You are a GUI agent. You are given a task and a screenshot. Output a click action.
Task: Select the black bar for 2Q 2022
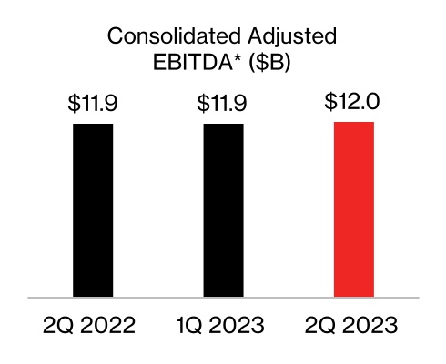coord(93,209)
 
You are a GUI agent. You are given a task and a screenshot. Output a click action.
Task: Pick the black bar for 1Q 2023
coord(223,209)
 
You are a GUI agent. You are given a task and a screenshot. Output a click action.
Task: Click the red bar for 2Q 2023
coord(354,209)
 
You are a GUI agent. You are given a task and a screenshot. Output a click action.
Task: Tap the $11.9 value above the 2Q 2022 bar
coord(93,103)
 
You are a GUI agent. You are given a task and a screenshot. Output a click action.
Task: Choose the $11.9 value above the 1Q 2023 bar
coord(223,103)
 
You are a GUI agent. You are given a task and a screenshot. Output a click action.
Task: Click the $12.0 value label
coord(354,101)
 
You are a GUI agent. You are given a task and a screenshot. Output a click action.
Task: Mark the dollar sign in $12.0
coord(330,101)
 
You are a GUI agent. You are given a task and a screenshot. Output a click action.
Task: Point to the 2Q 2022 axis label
coord(93,325)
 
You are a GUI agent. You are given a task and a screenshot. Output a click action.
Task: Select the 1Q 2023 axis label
coord(223,325)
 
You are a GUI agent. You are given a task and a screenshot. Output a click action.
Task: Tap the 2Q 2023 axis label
coord(354,325)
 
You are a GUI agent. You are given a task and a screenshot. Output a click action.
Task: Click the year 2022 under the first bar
coord(111,325)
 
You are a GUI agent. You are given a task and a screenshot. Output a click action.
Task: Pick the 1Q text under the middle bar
coord(188,325)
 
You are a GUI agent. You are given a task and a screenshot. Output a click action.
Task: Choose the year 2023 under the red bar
coord(372,325)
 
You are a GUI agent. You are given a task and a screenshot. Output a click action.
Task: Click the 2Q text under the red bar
coord(319,325)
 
